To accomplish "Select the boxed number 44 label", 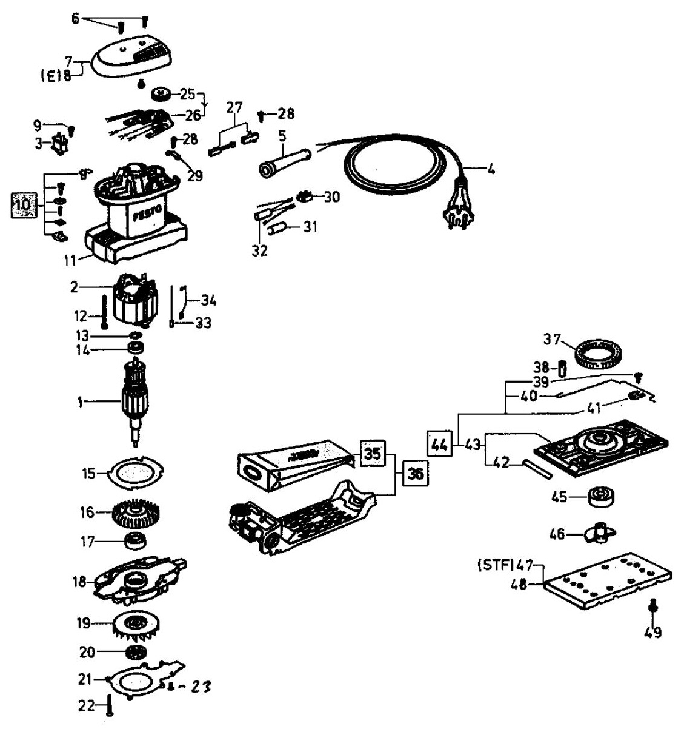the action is click(439, 445).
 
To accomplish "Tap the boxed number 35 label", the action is click(373, 453).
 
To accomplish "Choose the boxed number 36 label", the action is click(416, 474).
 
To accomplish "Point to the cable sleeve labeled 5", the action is click(284, 162).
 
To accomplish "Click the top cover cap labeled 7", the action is click(131, 56).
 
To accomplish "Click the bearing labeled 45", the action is click(600, 497).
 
